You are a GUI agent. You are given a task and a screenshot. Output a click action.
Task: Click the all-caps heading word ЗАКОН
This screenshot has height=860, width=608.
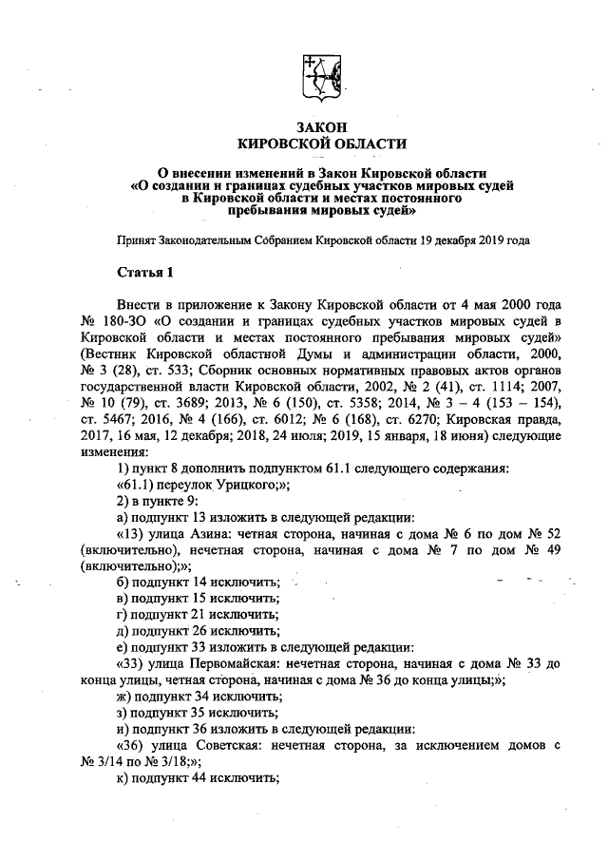click(x=321, y=124)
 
